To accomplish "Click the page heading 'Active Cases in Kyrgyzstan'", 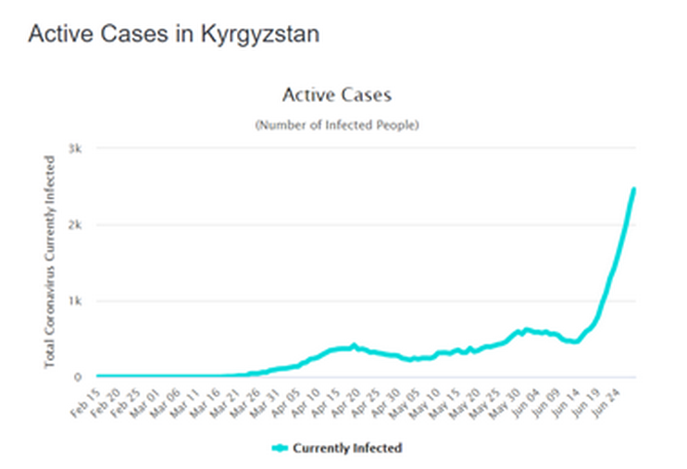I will (x=174, y=34).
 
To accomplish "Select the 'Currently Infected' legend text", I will (x=347, y=448).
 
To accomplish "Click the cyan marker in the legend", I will (x=281, y=448).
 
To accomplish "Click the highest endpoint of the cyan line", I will (x=633, y=190).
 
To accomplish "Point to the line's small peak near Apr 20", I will (x=353, y=344).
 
